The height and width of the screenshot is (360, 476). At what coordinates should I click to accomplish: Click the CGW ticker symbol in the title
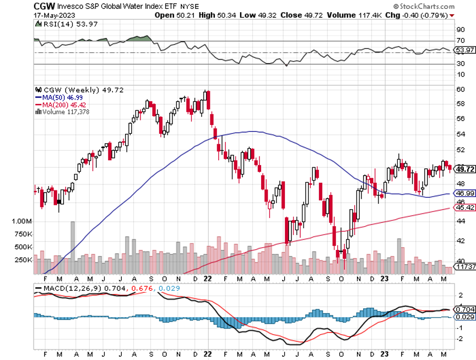[x=44, y=6]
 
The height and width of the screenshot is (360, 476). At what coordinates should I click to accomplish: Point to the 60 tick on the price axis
[x=459, y=89]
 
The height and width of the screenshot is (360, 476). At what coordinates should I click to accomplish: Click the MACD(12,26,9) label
[x=62, y=288]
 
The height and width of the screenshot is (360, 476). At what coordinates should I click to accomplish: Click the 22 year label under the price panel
[x=208, y=278]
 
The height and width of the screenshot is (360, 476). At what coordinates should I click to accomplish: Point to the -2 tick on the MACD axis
[x=460, y=339]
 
